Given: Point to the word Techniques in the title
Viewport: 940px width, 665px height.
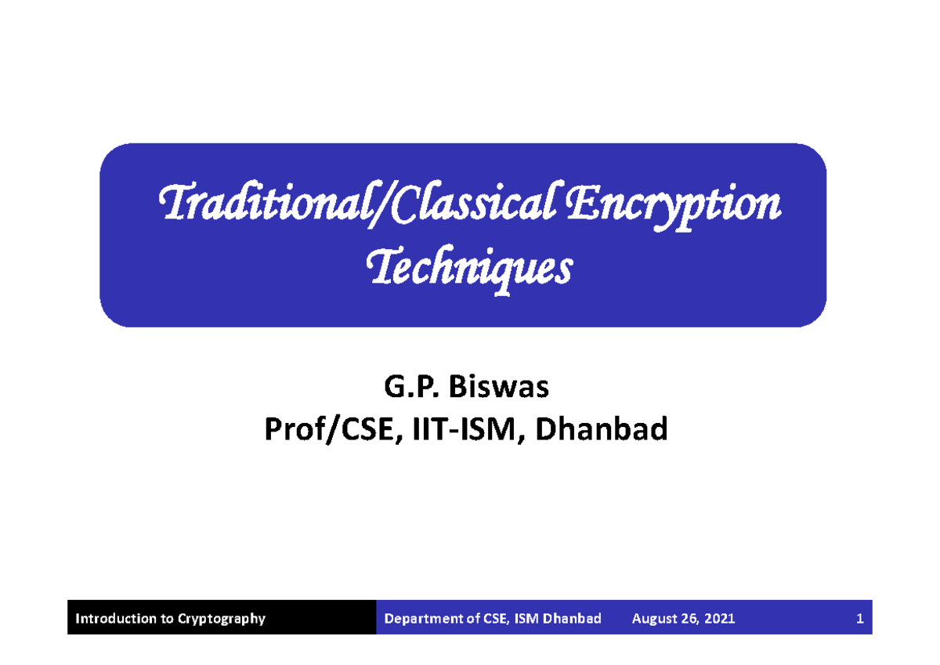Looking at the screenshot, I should tap(470, 269).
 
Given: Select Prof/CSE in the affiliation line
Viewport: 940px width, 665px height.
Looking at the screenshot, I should tap(323, 428).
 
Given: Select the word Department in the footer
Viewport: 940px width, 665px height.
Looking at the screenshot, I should tap(421, 619).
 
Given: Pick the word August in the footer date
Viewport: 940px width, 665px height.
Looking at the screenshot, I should tap(656, 619).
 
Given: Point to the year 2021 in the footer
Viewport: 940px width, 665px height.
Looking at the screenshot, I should tap(720, 619).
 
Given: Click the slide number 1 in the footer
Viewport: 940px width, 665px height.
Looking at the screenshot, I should tap(859, 619).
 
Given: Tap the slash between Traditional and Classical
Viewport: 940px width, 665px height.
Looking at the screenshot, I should tap(381, 206).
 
